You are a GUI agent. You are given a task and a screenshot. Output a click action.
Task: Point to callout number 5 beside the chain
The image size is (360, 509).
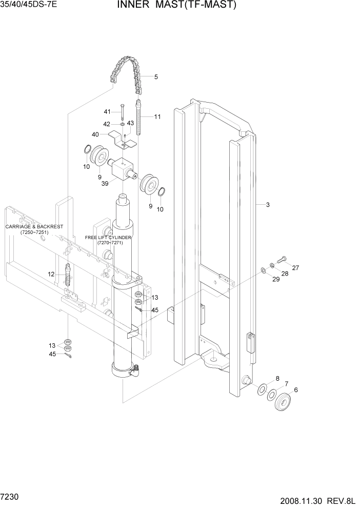(x=156, y=77)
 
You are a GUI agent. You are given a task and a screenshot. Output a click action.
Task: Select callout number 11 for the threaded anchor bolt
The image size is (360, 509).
(x=157, y=117)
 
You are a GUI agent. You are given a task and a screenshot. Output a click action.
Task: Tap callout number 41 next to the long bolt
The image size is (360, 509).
(x=107, y=112)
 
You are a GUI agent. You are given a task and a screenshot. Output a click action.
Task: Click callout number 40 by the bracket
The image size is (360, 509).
(x=95, y=134)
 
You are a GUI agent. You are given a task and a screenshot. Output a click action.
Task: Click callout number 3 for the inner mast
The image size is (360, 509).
(x=268, y=205)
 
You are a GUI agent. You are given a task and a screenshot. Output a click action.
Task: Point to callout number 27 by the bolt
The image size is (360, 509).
(x=295, y=267)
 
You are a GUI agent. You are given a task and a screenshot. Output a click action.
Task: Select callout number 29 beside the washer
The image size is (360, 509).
(x=275, y=279)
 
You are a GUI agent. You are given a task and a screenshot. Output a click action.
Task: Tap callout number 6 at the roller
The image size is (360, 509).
(x=295, y=389)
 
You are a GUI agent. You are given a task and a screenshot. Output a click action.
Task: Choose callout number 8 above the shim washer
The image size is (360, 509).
(x=277, y=379)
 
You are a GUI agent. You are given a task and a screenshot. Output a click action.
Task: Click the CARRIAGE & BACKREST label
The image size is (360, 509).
(x=34, y=229)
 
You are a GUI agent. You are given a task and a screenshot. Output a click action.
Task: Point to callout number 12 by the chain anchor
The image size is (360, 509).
(x=51, y=275)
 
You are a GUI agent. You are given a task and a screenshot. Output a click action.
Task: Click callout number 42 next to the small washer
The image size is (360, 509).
(x=107, y=124)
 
